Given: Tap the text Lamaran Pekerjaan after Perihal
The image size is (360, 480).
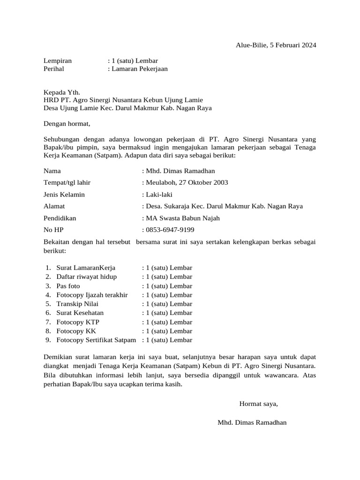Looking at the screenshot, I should click(x=139, y=69).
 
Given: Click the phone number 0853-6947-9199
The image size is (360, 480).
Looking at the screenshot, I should click(x=170, y=230).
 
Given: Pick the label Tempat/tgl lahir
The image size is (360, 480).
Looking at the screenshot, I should click(x=67, y=182).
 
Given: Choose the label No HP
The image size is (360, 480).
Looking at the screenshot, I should click(x=53, y=230).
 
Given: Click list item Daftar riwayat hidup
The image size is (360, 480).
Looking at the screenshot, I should click(x=87, y=277).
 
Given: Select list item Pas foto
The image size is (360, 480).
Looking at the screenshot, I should click(x=68, y=286).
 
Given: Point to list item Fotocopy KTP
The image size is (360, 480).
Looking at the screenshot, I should click(x=78, y=322).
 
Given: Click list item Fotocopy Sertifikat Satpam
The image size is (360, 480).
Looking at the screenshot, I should click(x=96, y=340).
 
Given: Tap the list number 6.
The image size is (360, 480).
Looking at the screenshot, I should click(x=48, y=313).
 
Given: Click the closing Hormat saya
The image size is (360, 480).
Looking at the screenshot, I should click(x=259, y=404).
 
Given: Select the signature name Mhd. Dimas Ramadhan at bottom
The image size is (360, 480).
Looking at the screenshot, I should click(x=252, y=422).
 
